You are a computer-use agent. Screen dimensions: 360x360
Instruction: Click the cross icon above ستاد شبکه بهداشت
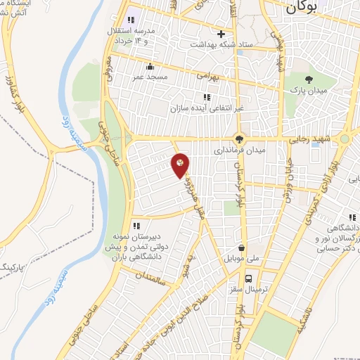point(221,33)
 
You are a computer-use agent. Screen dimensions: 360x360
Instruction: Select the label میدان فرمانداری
point(240,150)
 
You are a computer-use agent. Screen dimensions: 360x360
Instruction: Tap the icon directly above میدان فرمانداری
point(240,139)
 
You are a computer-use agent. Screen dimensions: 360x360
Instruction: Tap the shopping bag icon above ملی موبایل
point(241,248)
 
